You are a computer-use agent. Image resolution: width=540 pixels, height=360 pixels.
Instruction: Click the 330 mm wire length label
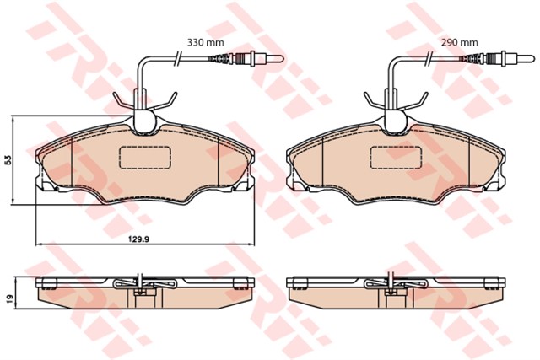click(205, 42)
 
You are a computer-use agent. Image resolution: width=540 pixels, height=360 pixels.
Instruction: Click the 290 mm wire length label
click(460, 42)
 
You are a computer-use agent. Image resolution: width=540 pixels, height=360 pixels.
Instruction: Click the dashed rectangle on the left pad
click(145, 158)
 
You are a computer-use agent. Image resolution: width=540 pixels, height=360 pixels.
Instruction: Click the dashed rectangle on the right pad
click(397, 158)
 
